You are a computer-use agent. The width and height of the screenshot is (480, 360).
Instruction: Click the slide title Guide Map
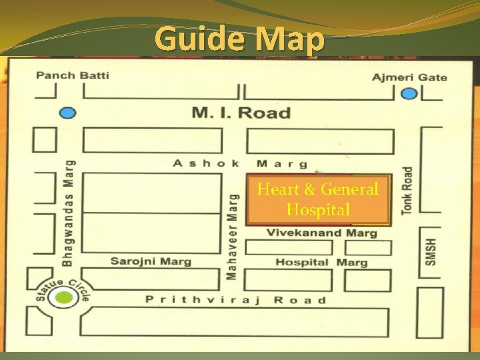click(x=239, y=40)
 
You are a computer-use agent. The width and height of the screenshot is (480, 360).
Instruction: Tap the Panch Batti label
click(x=73, y=75)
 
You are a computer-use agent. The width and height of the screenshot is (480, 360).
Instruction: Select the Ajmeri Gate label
click(x=409, y=77)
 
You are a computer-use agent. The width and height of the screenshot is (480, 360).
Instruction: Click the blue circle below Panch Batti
click(x=67, y=113)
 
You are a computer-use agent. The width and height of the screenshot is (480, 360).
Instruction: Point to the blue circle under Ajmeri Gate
click(x=409, y=94)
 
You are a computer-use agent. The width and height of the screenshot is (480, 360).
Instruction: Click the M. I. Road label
click(x=241, y=112)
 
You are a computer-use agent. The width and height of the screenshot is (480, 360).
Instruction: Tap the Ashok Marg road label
click(x=240, y=163)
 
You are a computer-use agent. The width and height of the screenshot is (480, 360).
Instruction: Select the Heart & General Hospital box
click(x=317, y=199)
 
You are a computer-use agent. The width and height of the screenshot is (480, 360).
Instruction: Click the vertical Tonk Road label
click(x=407, y=191)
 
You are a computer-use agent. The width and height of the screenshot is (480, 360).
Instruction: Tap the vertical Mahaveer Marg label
click(x=233, y=236)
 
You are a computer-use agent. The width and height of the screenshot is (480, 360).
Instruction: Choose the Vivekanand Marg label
click(x=321, y=233)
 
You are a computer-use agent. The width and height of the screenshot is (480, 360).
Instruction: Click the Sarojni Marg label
click(x=151, y=261)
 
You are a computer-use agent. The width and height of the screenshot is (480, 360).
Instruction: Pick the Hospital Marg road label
click(x=321, y=262)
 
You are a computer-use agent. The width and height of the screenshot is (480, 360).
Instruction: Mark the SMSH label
click(x=431, y=252)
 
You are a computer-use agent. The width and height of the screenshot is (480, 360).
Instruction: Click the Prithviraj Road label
click(x=236, y=300)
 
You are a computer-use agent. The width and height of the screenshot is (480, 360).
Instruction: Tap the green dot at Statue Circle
click(x=64, y=298)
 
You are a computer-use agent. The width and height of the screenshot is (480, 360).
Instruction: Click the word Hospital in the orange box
click(x=318, y=210)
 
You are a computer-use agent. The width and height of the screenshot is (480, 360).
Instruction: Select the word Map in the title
click(x=289, y=40)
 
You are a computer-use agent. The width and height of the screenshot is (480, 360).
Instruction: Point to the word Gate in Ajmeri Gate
click(x=433, y=77)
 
